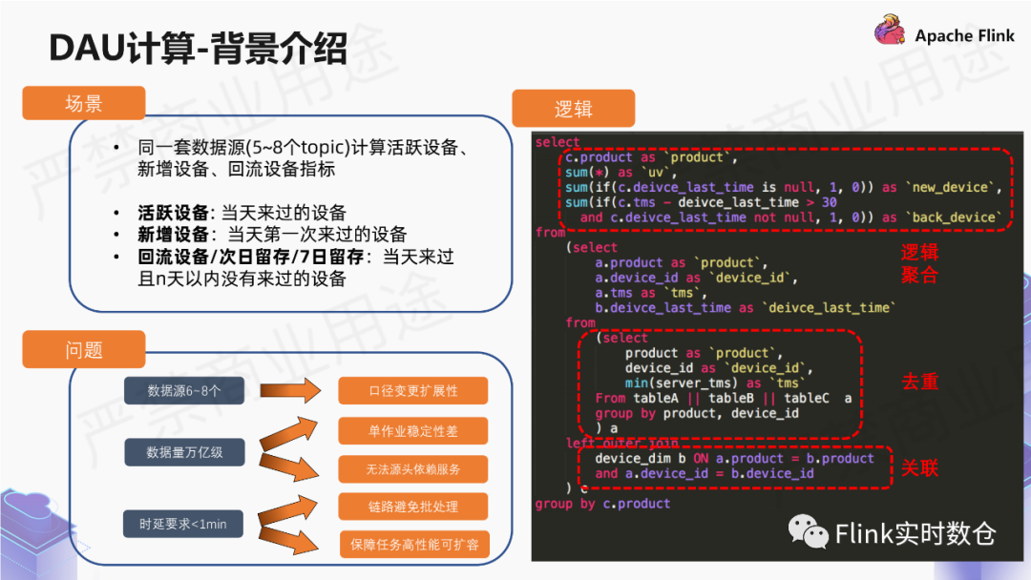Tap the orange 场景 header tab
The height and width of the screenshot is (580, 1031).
pos(84,104)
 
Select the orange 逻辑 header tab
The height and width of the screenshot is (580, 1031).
pos(574,109)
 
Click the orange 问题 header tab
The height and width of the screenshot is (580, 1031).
pos(84,349)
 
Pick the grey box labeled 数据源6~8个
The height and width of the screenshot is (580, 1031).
pos(184,391)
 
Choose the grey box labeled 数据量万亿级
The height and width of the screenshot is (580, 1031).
pos(184,452)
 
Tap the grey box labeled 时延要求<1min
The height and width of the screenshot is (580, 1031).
pos(184,524)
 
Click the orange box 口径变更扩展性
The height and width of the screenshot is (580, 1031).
pos(413,391)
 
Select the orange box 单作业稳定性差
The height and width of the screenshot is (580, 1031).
pos(413,431)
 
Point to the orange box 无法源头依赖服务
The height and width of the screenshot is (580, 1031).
pos(413,469)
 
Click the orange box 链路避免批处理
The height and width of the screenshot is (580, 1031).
pos(413,506)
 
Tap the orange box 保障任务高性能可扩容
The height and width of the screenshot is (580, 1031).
pos(413,545)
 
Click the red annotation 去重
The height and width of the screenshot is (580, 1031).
pos(919,382)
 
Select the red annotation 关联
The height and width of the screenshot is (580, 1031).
pos(919,467)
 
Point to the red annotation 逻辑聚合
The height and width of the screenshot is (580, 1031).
pos(919,264)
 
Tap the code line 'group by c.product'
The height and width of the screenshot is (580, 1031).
pos(602,504)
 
